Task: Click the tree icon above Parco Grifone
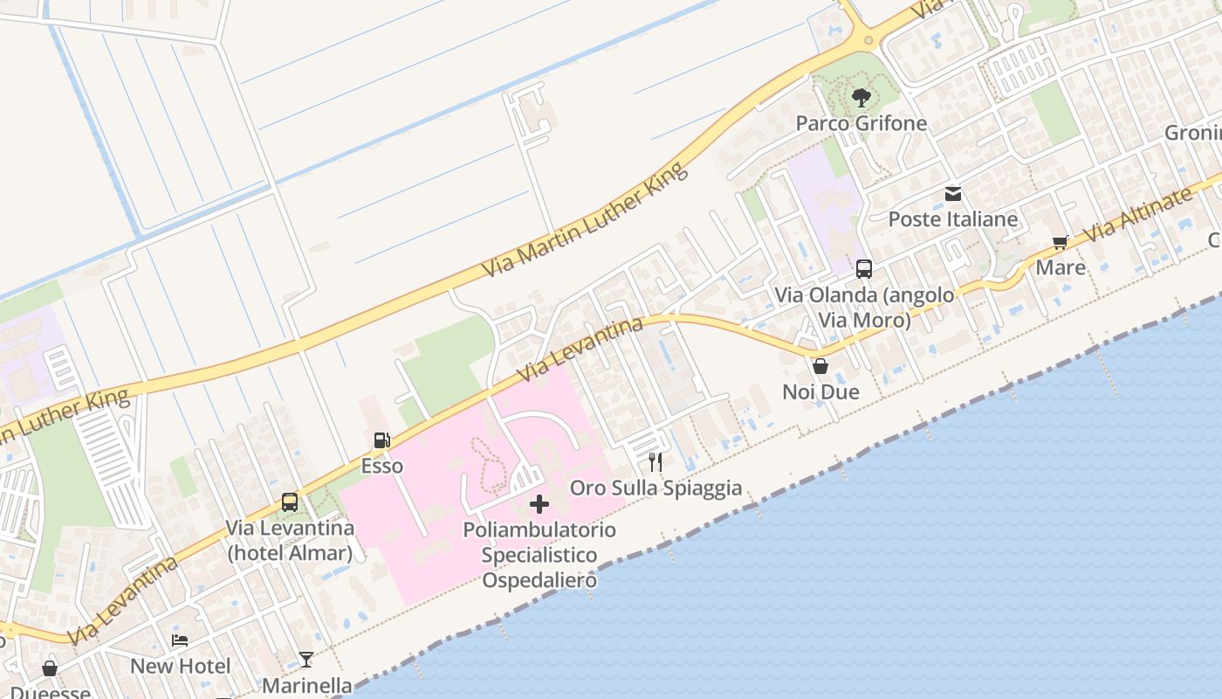point(862,97)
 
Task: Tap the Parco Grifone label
point(861,123)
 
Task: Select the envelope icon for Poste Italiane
point(953,194)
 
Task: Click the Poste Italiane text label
point(953,218)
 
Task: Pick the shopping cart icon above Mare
point(1061,242)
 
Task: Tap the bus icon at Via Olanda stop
point(864,269)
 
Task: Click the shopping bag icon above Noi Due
point(820,366)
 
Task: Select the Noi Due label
point(820,391)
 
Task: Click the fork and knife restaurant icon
point(656,461)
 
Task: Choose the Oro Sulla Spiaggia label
point(656,488)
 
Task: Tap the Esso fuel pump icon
point(381,440)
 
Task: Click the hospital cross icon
point(539,504)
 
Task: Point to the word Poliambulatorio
point(539,529)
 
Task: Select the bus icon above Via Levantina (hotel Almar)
point(290,502)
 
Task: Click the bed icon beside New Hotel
point(180,640)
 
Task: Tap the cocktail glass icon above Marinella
point(306,660)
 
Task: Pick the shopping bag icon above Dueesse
point(50,668)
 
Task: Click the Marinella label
point(306,686)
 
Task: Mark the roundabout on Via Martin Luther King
point(867,39)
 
